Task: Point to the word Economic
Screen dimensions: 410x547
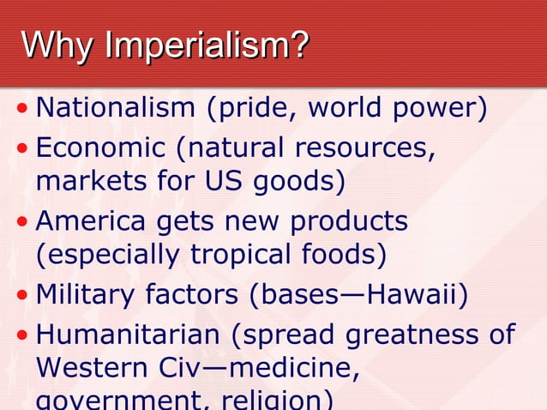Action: (99, 148)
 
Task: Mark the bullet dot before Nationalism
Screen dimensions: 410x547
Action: (22, 111)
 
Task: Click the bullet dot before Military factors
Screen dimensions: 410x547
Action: (22, 296)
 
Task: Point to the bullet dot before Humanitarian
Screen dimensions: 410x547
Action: (22, 334)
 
